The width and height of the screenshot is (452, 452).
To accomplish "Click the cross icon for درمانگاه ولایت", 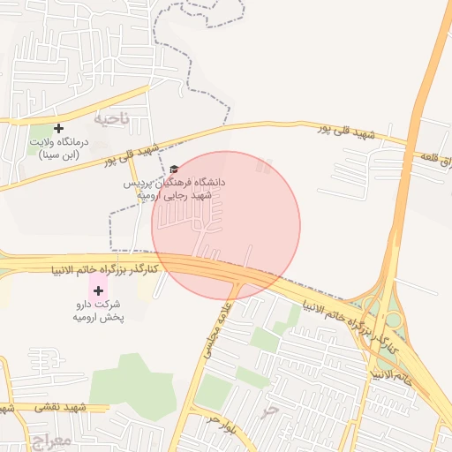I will pos(58,129).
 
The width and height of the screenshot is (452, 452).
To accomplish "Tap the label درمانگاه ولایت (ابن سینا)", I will pos(59,147).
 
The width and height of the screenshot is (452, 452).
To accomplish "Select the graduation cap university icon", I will pos(174,169).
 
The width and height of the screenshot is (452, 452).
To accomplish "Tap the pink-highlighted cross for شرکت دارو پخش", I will pos(98,290).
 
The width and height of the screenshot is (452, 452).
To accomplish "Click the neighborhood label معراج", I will pos(47,439).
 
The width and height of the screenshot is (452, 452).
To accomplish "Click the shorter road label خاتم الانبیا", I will pos(389,377).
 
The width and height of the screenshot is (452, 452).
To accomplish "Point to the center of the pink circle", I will pos(226,225).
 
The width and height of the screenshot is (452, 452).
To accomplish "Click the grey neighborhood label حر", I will pos(271,411).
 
